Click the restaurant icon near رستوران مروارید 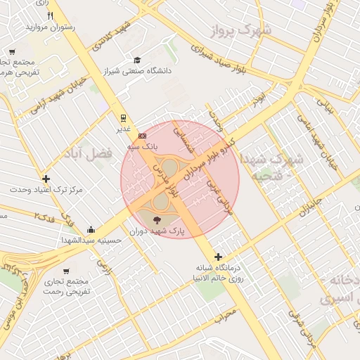pyautogui.click(x=49, y=15)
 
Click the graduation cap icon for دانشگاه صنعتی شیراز pyautogui.click(x=137, y=60)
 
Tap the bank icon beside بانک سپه pyautogui.click(x=143, y=136)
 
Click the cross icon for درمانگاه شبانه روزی pyautogui.click(x=219, y=257)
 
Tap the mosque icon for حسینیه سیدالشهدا pyautogui.click(x=91, y=229)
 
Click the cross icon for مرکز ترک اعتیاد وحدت pyautogui.click(x=46, y=179)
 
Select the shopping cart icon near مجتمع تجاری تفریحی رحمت pyautogui.click(x=66, y=271)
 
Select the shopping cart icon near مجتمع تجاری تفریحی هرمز pyautogui.click(x=12, y=51)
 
